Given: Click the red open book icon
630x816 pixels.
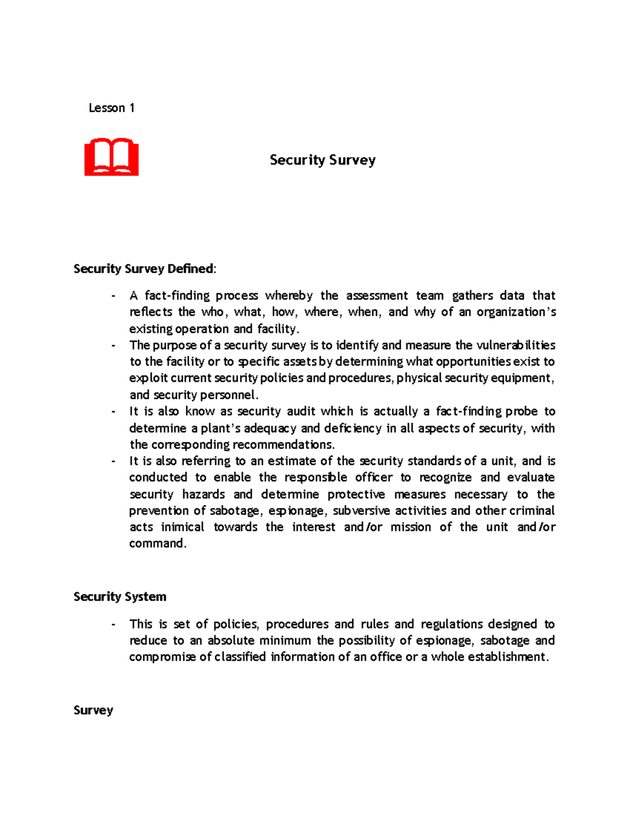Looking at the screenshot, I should click(111, 157).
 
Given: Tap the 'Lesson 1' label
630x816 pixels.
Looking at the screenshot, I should click(111, 108).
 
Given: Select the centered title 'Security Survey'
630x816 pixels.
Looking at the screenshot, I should click(322, 160).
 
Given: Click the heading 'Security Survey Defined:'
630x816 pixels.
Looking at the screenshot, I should click(144, 268).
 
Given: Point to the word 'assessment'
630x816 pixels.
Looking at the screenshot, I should click(376, 295).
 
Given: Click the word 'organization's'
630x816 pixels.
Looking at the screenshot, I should click(516, 312).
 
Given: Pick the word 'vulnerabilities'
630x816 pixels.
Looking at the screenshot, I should click(516, 345).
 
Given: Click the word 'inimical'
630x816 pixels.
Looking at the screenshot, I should click(182, 527).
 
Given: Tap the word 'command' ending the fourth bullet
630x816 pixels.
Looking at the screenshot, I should click(157, 543).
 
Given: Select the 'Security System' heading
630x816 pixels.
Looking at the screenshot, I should click(120, 596).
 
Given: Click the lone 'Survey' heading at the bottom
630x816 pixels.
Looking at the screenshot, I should click(93, 710).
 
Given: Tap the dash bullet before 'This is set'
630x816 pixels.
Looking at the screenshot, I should click(113, 624).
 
